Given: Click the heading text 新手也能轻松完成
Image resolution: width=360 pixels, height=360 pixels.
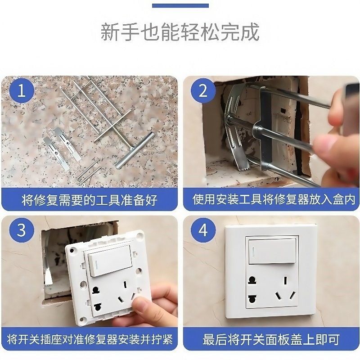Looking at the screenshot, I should click(180, 33).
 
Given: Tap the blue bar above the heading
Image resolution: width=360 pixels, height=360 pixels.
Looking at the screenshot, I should click(180, 6).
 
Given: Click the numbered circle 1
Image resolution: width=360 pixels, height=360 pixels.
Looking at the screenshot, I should click(21, 91).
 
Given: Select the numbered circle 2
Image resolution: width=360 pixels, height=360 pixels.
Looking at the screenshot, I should click(203, 91).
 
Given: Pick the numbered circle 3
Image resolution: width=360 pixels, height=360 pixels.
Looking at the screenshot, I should click(21, 230).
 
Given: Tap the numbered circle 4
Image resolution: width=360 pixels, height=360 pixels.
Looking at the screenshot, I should click(203, 230).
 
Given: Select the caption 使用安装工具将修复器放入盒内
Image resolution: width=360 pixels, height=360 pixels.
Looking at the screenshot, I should click(271, 199).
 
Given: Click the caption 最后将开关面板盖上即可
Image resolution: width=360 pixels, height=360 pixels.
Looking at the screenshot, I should click(271, 338).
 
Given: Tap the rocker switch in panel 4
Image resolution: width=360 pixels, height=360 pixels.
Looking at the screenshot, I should click(272, 251).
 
